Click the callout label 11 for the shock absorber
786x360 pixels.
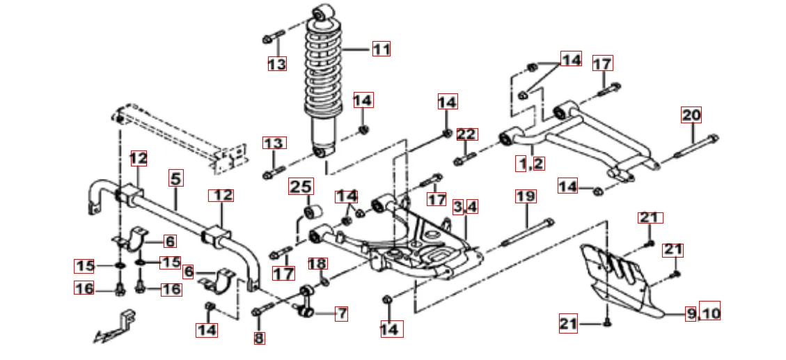(x=381, y=49)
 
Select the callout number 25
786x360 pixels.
(x=301, y=187)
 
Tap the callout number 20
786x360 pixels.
(x=691, y=115)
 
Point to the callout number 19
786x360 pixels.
(x=526, y=196)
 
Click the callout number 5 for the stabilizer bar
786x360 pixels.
(x=176, y=178)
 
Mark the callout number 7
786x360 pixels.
(x=341, y=313)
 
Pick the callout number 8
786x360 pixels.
(x=259, y=338)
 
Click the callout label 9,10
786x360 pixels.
(x=702, y=313)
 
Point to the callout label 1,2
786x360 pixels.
(x=530, y=164)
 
